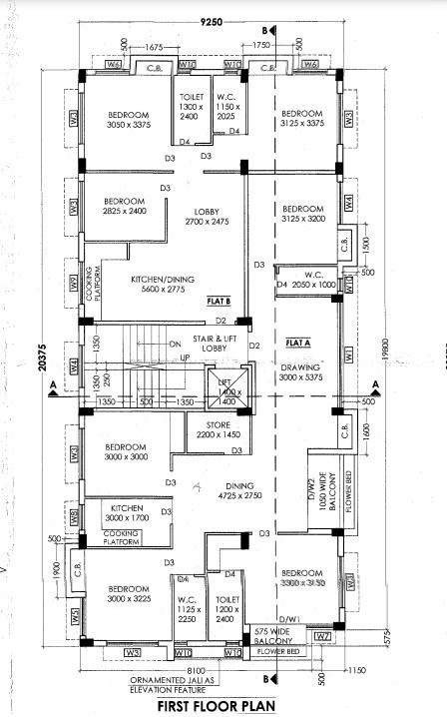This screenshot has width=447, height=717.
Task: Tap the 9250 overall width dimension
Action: pyautogui.click(x=211, y=22)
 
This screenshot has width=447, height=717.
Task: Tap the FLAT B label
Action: pyautogui.click(x=219, y=300)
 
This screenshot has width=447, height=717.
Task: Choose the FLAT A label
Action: pyautogui.click(x=295, y=342)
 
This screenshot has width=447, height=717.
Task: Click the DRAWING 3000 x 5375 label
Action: pyautogui.click(x=300, y=372)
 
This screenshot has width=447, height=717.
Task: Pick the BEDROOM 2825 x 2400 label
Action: pyautogui.click(x=125, y=206)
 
